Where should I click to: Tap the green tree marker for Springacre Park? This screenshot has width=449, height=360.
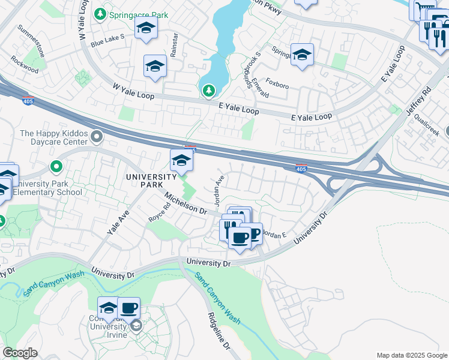pos(101,14)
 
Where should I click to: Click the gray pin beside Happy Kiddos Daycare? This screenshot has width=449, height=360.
pos(97,139)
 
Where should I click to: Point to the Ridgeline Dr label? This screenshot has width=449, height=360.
pos(218,330)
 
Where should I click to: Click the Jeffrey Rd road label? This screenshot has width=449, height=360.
pos(418,101)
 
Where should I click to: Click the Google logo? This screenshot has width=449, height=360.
pos(20,353)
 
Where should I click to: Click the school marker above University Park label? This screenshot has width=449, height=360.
pos(181,160)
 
